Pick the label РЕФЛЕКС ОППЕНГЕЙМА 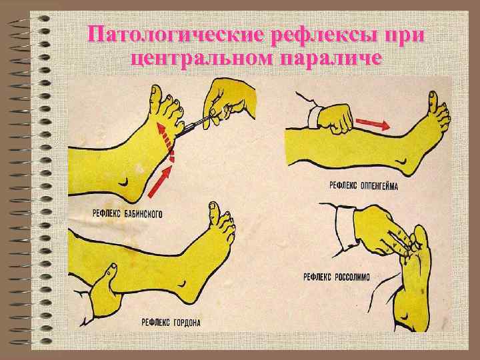pyautogui.click(x=364, y=185)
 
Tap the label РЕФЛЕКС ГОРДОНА pyautogui.click(x=171, y=323)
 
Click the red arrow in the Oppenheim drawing pyautogui.click(x=373, y=123)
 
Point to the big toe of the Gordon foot pyautogui.click(x=213, y=212)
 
